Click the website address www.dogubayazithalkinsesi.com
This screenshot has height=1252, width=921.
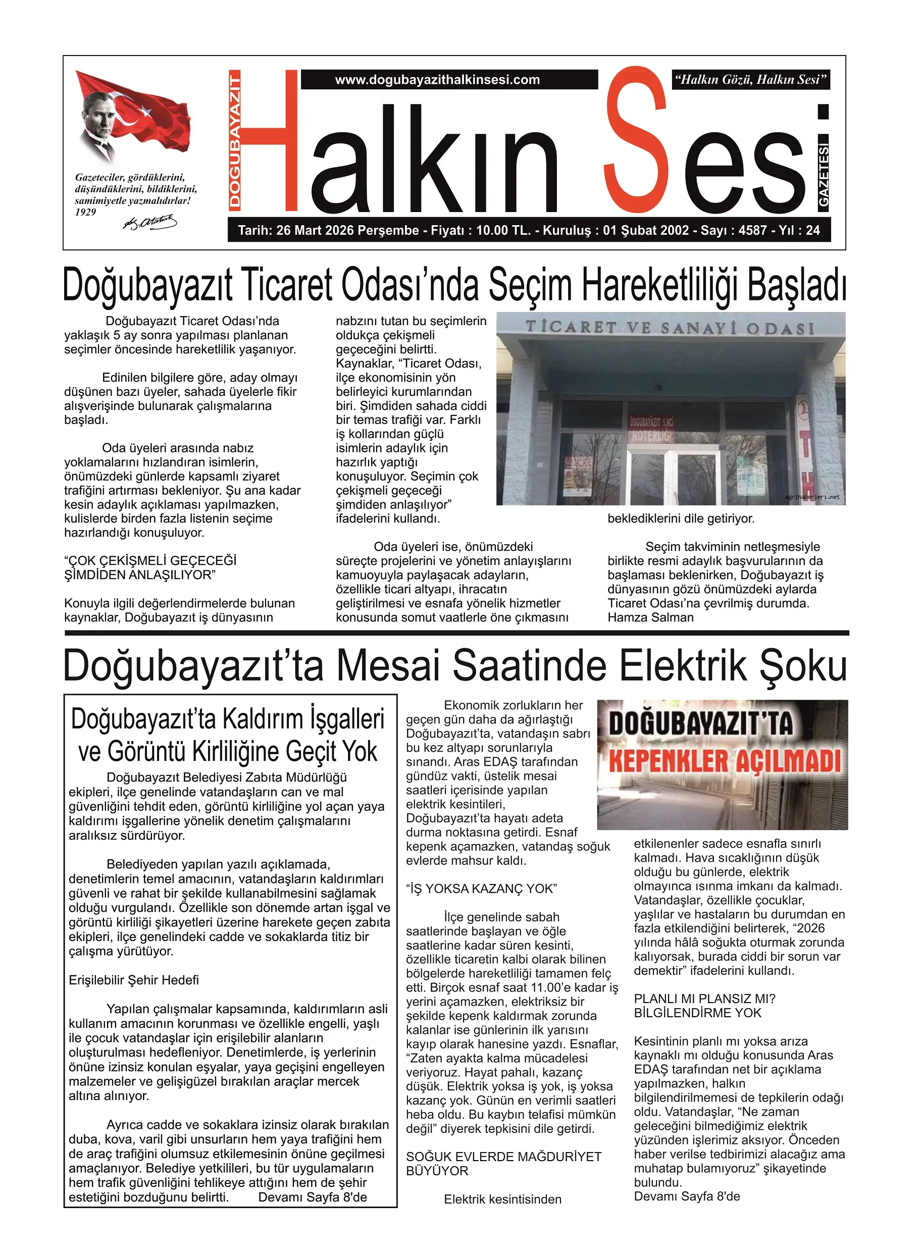click(x=437, y=80)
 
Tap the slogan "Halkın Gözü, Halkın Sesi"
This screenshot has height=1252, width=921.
click(x=750, y=80)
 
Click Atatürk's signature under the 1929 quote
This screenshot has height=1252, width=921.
click(x=149, y=223)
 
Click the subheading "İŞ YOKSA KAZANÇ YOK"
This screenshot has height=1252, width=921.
click(x=481, y=889)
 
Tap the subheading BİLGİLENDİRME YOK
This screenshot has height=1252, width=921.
click(x=697, y=1013)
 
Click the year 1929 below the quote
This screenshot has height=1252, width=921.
click(x=86, y=213)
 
